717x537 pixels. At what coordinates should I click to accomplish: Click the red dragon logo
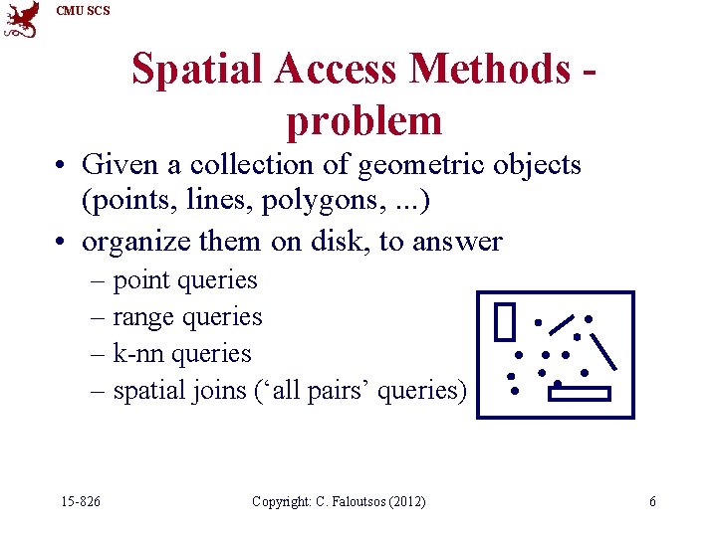(21, 19)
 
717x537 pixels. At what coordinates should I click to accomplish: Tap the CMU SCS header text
(84, 11)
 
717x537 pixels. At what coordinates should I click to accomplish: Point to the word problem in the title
(363, 121)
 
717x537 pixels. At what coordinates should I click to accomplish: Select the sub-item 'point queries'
(185, 281)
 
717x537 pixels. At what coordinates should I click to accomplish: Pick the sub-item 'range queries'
(187, 318)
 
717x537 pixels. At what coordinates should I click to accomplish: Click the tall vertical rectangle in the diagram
(506, 321)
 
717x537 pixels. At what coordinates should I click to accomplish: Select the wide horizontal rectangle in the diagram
(579, 394)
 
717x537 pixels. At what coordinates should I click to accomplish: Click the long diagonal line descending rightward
(604, 350)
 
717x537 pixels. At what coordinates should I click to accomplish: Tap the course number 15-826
(80, 502)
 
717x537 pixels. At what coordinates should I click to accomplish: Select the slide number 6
(652, 502)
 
